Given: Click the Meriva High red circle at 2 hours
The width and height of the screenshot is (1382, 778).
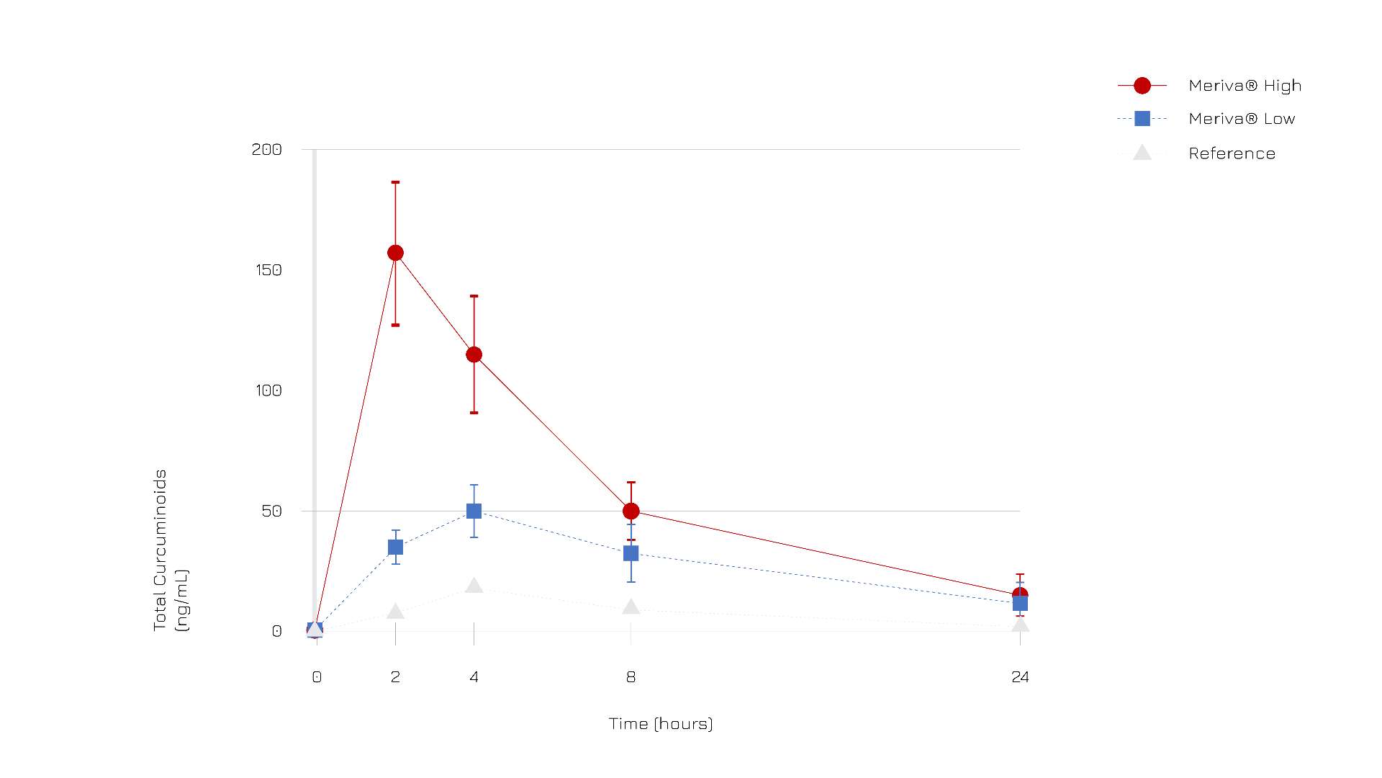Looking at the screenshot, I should click(395, 253).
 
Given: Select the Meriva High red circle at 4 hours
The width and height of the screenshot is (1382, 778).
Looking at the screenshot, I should click(474, 354).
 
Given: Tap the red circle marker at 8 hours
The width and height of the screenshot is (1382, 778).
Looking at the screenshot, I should click(631, 511).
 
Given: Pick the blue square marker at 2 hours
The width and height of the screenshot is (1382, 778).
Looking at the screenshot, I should click(395, 547).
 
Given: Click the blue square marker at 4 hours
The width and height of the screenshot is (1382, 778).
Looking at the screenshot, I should click(474, 511).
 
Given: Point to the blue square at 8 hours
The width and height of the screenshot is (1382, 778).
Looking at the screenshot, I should click(631, 553).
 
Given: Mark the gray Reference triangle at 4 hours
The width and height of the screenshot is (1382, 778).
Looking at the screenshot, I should click(474, 586).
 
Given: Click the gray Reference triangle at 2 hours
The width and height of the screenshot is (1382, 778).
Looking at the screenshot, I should click(395, 612).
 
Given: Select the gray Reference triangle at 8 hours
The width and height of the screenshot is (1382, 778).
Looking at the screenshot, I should click(631, 607).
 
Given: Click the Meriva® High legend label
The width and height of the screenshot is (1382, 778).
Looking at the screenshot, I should click(1245, 86).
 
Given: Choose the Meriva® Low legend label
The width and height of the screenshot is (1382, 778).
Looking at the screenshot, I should click(1242, 119).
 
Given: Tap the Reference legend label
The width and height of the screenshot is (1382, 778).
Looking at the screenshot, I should click(1232, 153).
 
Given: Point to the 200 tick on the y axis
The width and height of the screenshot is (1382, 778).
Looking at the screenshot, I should click(266, 149).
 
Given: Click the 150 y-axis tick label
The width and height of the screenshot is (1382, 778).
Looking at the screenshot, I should click(268, 270).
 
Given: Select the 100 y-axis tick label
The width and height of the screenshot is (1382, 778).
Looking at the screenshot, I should click(267, 390).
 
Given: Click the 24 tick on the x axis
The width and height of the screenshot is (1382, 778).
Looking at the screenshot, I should click(1020, 677).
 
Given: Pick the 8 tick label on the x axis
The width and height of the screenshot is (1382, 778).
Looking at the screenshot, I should click(631, 677).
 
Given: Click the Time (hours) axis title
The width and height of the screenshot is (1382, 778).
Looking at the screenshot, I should click(661, 723).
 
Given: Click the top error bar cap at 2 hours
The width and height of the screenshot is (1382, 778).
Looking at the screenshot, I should click(395, 182).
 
